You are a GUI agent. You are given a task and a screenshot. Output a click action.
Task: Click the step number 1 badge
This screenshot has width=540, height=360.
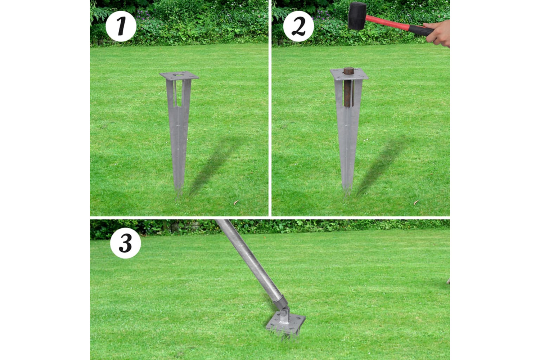point(121,26)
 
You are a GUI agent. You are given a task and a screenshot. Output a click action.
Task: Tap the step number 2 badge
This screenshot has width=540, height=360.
point(298,26)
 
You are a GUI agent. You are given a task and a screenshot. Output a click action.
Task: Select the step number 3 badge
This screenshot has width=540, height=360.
point(126,243)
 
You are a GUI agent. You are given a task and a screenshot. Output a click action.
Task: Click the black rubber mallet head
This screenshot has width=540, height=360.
point(357,16)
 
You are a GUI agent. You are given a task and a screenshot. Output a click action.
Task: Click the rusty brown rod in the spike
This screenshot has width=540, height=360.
point(348,87)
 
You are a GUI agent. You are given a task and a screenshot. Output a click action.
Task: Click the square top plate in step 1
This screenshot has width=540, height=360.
point(179,76)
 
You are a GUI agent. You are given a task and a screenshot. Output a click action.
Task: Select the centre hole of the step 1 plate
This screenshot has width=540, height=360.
point(178,75)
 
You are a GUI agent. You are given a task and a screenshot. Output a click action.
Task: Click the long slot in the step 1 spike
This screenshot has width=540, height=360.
point(178,93)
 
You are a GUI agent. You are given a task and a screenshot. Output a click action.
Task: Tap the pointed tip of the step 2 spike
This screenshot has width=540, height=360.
point(347,193)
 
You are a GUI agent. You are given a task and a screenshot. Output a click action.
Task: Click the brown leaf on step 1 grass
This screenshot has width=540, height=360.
point(236,203)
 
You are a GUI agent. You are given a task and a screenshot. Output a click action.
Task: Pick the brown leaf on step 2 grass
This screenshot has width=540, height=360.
point(416,203)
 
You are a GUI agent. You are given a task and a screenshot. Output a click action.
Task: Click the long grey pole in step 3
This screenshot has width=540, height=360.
point(251,260)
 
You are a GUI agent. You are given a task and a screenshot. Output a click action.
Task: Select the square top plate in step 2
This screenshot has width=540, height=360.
point(349,74)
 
